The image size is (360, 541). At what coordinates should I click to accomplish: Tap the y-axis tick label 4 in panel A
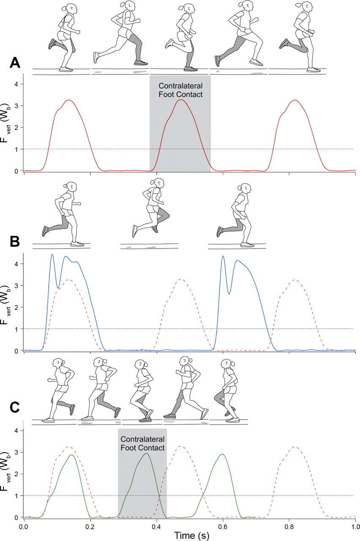(16, 84)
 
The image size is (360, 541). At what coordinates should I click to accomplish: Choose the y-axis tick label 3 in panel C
(16, 452)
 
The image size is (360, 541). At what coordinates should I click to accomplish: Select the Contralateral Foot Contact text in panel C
(142, 443)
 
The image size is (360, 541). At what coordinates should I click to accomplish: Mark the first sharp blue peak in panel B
(52, 255)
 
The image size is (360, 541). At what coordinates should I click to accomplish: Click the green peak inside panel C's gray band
(146, 454)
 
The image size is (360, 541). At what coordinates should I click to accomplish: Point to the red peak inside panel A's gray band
(181, 100)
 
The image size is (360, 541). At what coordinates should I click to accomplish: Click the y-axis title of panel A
(6, 127)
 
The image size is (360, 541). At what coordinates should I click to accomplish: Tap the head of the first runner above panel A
(71, 8)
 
